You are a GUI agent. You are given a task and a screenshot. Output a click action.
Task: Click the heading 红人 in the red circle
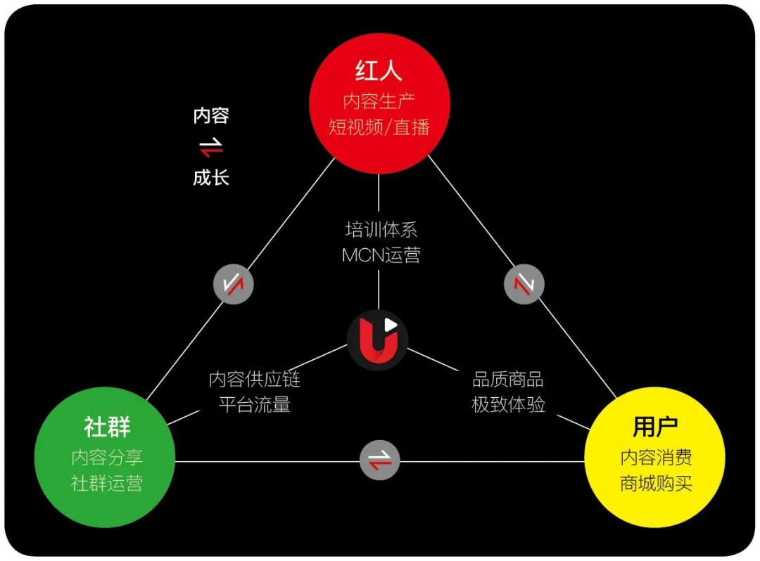(x=379, y=71)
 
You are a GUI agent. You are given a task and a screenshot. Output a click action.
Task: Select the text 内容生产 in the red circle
(x=379, y=101)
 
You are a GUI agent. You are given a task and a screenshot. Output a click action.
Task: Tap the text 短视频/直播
(x=379, y=127)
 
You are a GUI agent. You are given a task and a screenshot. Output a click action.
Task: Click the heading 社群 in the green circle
(x=107, y=427)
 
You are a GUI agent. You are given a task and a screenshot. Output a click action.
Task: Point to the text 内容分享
(x=107, y=457)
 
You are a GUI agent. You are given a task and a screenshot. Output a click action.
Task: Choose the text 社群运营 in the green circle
(x=107, y=482)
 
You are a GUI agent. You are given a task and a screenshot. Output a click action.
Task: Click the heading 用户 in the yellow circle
(x=655, y=427)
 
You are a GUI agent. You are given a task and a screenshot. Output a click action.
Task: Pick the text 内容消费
(x=656, y=457)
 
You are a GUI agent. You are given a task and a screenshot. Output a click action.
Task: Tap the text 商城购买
(x=656, y=482)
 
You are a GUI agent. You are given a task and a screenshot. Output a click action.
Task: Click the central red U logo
(x=378, y=340)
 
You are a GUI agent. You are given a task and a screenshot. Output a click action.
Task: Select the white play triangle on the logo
(x=390, y=325)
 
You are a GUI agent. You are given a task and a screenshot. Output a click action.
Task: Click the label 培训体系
(x=381, y=229)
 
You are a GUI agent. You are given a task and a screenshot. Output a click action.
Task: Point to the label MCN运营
(x=381, y=255)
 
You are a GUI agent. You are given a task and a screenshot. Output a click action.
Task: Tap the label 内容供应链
(x=255, y=379)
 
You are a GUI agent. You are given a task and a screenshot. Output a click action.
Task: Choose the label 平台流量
(x=255, y=404)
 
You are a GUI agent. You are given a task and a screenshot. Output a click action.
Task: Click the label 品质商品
(x=508, y=379)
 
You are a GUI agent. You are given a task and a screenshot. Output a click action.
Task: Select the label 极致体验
(x=508, y=404)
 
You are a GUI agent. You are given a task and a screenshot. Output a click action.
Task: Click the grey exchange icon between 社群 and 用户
(x=379, y=460)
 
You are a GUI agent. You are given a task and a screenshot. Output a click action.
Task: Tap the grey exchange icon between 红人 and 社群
(x=234, y=284)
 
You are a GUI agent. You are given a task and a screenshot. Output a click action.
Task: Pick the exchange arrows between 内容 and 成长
(x=211, y=147)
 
